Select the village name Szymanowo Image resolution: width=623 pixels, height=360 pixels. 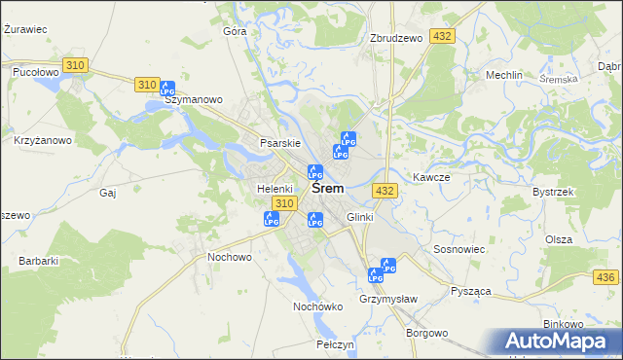click(194, 99)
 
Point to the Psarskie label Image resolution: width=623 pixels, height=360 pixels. click(277, 143)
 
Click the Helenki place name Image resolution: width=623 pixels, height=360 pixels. click(275, 188)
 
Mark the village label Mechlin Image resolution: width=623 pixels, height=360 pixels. click(504, 75)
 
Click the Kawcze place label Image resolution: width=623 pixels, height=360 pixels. click(430, 177)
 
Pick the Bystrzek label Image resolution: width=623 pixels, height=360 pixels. click(552, 192)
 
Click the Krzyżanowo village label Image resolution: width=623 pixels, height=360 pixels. click(43, 140)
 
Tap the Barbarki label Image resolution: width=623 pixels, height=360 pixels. click(39, 260)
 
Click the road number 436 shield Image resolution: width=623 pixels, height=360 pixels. click(608, 279)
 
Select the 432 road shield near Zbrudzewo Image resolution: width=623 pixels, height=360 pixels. click(443, 36)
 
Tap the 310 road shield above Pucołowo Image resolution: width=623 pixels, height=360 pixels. click(75, 64)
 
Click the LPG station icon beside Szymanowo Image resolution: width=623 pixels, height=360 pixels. click(166, 88)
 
